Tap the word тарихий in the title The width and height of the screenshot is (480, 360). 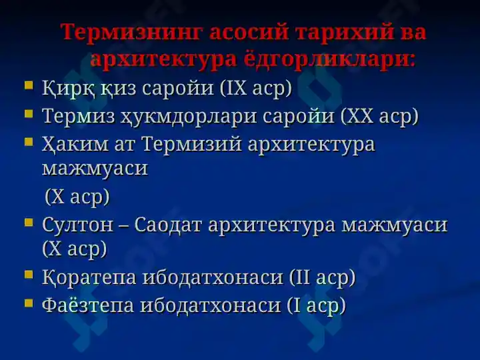[345, 31]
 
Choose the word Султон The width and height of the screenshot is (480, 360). [77, 225]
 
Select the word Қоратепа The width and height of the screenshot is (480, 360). [89, 277]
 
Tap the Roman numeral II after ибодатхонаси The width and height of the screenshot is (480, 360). [303, 277]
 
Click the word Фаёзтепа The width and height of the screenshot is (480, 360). [88, 305]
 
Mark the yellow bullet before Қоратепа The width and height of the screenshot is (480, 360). [29, 274]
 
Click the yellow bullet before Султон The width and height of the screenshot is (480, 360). [29, 221]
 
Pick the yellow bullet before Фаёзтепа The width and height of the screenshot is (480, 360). [29, 303]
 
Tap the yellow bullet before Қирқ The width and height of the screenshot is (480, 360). [29, 85]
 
